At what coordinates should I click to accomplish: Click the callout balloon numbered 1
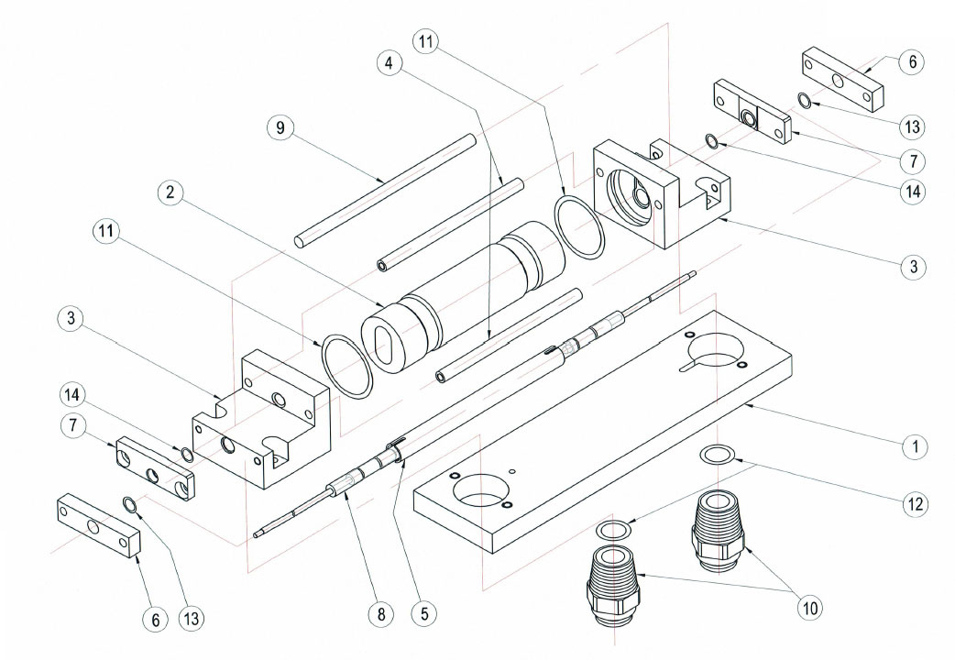pos(914,446)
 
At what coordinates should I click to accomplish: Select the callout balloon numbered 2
pos(170,192)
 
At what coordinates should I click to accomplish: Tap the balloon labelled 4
pos(390,62)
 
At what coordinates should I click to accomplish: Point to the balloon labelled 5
pos(424,612)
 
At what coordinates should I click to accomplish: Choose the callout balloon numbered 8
pos(381,612)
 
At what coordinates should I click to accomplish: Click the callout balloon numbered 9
pos(280,127)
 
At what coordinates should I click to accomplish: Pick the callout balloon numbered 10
pos(810,607)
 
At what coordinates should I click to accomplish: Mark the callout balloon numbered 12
pos(915,504)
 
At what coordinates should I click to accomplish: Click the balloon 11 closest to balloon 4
pos(426,41)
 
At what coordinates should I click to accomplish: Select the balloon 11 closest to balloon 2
pos(106,232)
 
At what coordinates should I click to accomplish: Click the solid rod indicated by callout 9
pos(385,190)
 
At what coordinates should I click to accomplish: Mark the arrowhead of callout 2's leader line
pos(381,304)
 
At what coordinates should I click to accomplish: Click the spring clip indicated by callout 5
pos(397,450)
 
